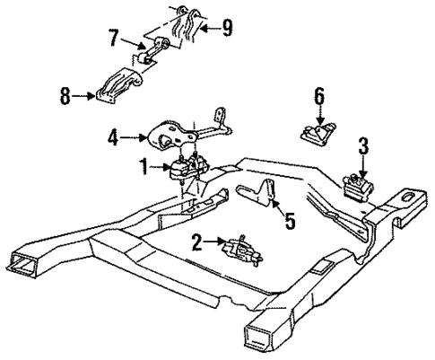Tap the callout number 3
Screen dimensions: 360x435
coord(361,144)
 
